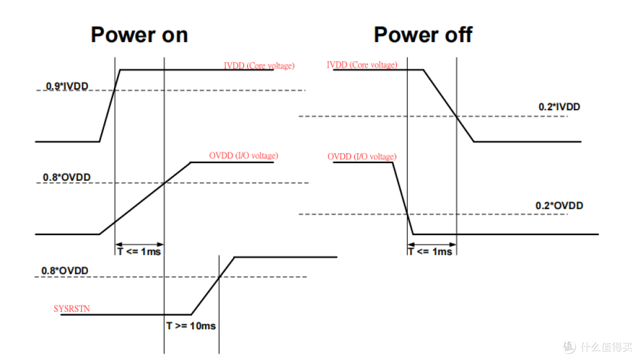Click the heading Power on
(x=139, y=35)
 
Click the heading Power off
(x=423, y=35)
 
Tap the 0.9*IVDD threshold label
(x=67, y=86)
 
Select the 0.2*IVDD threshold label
(x=559, y=106)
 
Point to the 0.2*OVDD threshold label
(x=559, y=206)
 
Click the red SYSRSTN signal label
(x=71, y=309)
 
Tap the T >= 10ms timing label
(x=191, y=326)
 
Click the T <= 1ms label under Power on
(x=139, y=252)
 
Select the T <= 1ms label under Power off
(x=431, y=252)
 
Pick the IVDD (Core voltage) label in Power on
(x=259, y=66)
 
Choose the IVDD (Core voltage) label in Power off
(x=362, y=65)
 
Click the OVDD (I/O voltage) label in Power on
(x=243, y=155)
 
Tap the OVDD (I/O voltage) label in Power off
(x=362, y=157)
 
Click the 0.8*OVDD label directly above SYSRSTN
(x=65, y=271)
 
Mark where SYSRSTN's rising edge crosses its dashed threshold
(x=219, y=277)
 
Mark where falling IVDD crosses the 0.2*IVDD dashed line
(x=457, y=116)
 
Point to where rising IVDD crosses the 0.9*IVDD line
(x=115, y=90)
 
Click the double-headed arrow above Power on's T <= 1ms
(x=139, y=244)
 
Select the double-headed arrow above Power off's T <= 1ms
(x=432, y=244)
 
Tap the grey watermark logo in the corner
(x=569, y=347)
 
